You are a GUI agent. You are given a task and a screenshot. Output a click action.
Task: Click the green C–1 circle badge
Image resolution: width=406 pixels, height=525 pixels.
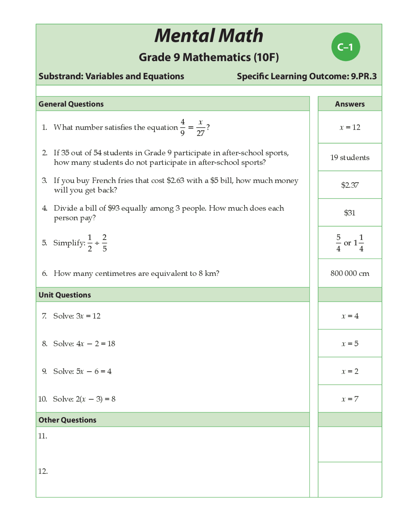tap(345, 47)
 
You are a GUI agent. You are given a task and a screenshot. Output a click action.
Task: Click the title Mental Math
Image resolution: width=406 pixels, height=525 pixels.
tap(209, 36)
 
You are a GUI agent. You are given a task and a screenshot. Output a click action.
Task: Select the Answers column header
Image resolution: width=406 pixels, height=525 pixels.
tap(350, 104)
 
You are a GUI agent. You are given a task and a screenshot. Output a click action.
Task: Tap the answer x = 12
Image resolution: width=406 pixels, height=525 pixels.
tap(350, 127)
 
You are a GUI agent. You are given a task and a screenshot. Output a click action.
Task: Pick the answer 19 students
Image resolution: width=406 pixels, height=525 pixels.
tap(350, 158)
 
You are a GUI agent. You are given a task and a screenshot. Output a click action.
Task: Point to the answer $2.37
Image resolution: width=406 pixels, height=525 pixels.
tap(350, 185)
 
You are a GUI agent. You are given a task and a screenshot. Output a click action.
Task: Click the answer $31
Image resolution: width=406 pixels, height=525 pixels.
tap(350, 213)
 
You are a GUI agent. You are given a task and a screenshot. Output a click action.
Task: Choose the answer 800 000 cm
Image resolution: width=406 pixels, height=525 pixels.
tap(350, 273)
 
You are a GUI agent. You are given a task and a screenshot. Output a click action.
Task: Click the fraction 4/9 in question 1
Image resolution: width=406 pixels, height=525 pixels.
tap(182, 127)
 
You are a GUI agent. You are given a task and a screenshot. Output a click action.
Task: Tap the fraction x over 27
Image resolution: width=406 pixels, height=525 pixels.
tap(200, 127)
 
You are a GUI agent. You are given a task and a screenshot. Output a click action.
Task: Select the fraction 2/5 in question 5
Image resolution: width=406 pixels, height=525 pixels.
tap(105, 243)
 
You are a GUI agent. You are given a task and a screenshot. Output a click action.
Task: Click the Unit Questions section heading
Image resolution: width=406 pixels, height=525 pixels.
tap(65, 295)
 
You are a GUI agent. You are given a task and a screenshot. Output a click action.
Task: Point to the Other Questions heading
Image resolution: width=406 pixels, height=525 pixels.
tap(67, 420)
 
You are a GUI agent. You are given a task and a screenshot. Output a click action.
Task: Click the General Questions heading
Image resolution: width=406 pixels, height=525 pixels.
tap(71, 104)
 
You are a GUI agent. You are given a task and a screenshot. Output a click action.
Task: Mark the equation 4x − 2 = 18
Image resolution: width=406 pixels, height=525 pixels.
tap(95, 344)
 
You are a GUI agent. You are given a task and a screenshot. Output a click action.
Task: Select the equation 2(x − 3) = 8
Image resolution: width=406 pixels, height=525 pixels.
tap(95, 399)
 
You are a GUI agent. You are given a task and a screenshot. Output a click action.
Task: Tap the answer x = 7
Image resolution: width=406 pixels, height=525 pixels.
tap(350, 399)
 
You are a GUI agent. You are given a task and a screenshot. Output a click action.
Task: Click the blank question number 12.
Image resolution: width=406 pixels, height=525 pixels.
tap(43, 471)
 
